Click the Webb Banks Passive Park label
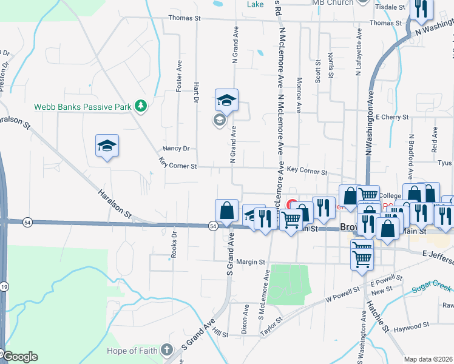83,107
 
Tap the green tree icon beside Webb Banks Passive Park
141,107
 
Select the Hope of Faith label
132,351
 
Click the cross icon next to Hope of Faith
168,351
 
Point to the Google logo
19,357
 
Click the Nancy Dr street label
176,148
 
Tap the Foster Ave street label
179,76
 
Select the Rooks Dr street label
174,244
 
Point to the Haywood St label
411,327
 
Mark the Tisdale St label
390,7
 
